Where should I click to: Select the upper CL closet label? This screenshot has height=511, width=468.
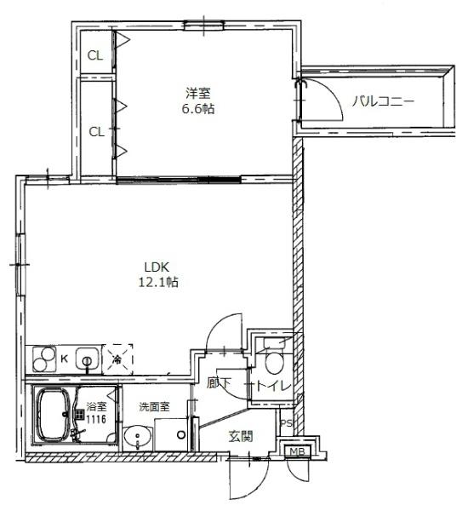click(x=96, y=56)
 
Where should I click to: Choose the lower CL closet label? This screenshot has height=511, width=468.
click(x=96, y=131)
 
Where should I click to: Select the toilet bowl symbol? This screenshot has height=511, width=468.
click(x=273, y=362)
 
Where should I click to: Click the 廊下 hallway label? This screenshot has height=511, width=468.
click(x=220, y=384)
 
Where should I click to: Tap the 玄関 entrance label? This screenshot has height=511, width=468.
click(x=240, y=436)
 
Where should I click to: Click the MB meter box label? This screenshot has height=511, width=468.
click(x=297, y=451)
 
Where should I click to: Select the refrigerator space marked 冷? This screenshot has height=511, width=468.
click(x=117, y=359)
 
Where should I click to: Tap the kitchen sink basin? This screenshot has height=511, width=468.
click(x=87, y=359)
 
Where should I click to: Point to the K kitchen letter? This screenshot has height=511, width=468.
click(x=63, y=359)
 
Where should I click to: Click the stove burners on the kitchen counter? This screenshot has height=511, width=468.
click(x=43, y=359)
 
